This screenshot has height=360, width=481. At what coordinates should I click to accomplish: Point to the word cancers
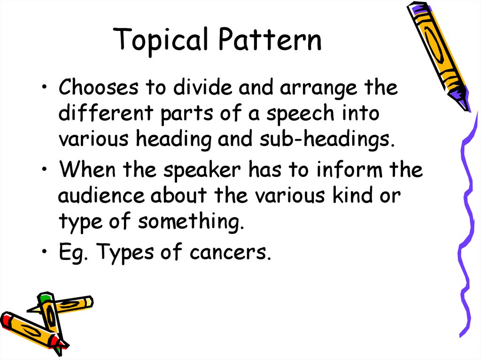[x=231, y=253]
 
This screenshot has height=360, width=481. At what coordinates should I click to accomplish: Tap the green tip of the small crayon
[x=44, y=297]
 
